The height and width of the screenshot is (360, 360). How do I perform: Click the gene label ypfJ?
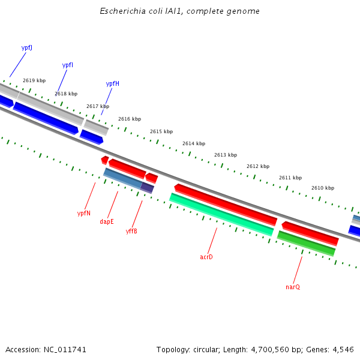click(x=26, y=47)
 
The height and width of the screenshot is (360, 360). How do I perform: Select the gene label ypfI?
click(x=68, y=65)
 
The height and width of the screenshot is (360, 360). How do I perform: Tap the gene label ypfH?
click(x=112, y=83)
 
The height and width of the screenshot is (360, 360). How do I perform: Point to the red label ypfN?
click(x=83, y=213)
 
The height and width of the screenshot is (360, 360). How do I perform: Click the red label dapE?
click(x=107, y=221)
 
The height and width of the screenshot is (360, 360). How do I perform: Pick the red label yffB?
click(x=131, y=231)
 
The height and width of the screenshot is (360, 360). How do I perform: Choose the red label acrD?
click(x=206, y=257)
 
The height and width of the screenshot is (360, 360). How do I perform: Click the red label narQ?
click(x=293, y=287)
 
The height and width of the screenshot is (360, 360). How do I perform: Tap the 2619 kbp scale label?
click(x=34, y=80)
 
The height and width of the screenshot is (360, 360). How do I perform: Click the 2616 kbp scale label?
click(x=130, y=119)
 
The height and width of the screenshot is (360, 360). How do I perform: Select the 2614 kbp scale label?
click(x=194, y=143)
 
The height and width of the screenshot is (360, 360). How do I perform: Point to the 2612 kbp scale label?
click(x=258, y=166)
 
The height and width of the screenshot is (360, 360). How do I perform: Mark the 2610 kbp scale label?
click(x=322, y=188)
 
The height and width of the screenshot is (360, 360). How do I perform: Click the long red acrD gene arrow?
click(x=226, y=205)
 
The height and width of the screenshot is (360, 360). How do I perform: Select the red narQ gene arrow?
click(x=310, y=233)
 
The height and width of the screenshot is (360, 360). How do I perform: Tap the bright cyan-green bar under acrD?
click(x=221, y=214)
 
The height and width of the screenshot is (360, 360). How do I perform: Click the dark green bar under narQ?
click(x=306, y=243)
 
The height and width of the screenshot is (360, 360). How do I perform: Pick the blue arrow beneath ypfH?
click(x=92, y=137)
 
